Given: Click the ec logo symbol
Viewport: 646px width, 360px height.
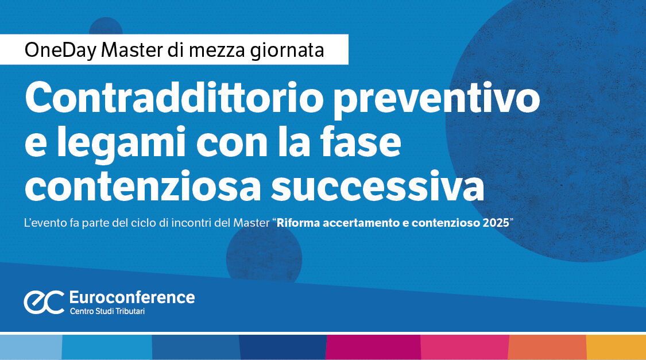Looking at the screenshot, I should point(44,303).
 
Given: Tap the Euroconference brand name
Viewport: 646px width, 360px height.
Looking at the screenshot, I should point(131,297).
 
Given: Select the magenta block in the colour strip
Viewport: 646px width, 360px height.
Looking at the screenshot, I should point(373,347).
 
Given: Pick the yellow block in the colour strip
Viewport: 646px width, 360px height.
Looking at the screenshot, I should point(616,347).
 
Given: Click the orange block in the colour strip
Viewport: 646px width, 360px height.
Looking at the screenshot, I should point(547,347).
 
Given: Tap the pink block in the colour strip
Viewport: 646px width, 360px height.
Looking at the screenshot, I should point(465,347).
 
